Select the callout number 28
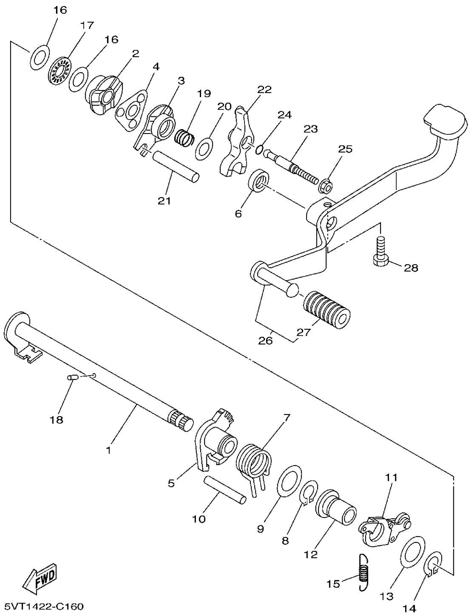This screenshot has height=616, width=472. coord(411,268)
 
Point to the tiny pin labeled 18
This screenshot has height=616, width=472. coord(72,377)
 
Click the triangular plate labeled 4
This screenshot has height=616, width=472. coord(132,110)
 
